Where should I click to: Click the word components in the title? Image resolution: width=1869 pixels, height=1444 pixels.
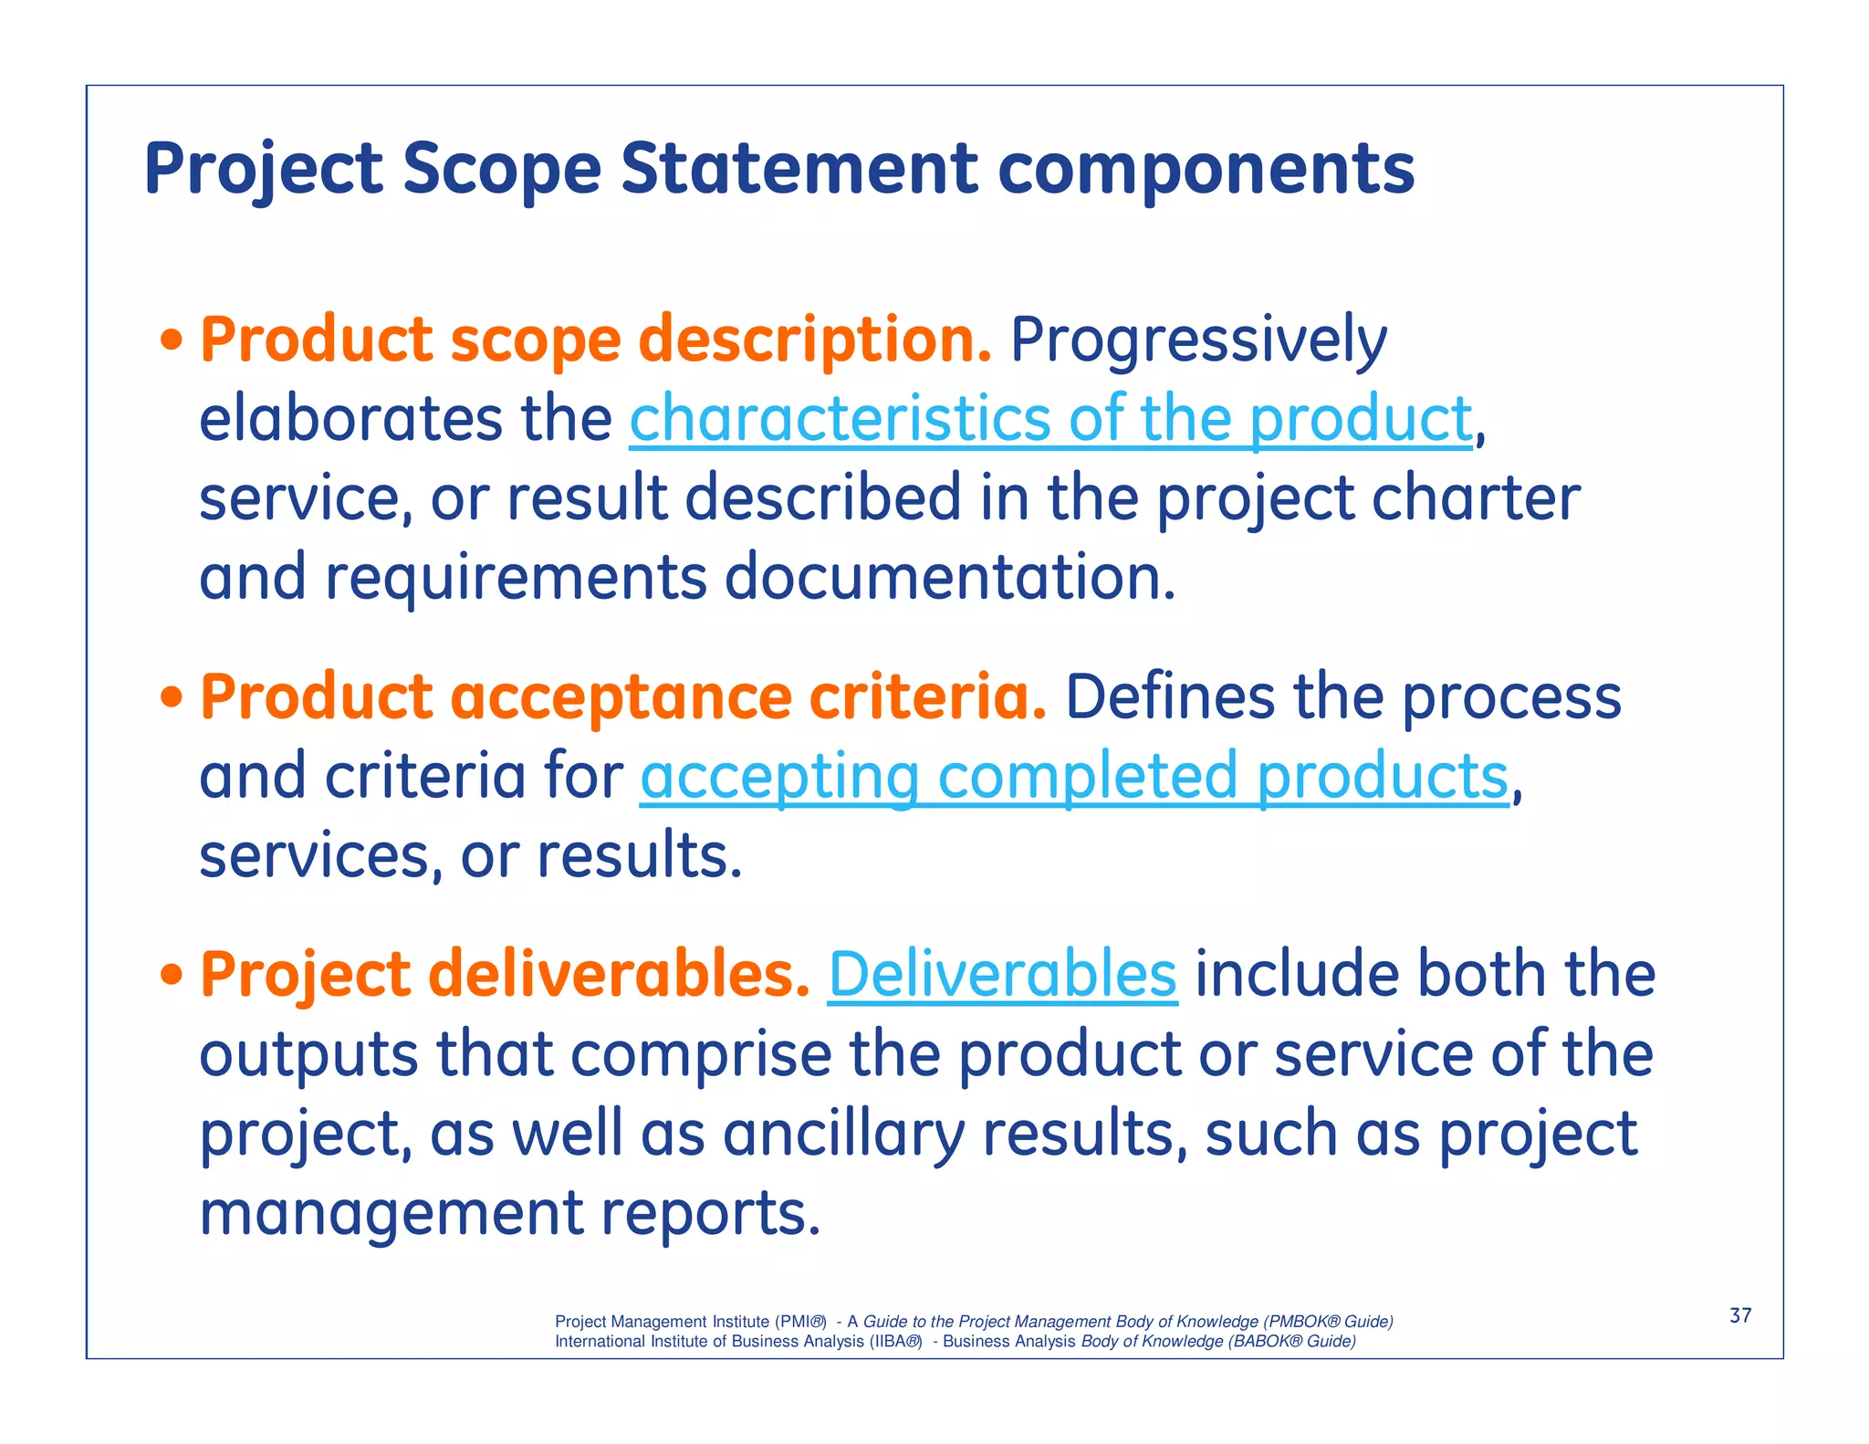[x=1206, y=169]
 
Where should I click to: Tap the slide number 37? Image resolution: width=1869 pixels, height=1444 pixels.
[x=1740, y=1315]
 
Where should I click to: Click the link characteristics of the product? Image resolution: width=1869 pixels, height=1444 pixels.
[x=1050, y=420]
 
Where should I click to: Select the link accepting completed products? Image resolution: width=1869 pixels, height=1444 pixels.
[x=1074, y=777]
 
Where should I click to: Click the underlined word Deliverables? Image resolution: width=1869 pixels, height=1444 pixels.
[x=1002, y=974]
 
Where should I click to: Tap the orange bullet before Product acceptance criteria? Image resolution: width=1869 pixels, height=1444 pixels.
[x=171, y=698]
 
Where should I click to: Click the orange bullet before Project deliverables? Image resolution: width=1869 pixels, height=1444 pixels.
[x=171, y=976]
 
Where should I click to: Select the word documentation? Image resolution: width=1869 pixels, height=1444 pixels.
[x=949, y=578]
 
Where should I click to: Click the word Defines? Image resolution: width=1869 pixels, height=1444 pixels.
[x=1169, y=698]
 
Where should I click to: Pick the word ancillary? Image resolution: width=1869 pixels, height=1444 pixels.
[x=843, y=1135]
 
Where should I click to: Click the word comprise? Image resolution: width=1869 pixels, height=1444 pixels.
[x=701, y=1054]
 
